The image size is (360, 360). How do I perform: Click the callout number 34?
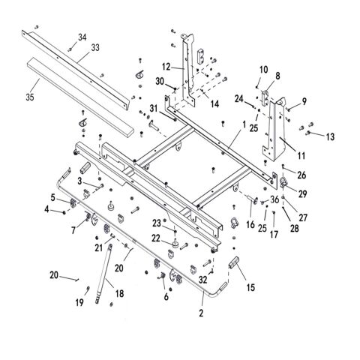tap(82, 37)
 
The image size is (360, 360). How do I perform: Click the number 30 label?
tap(160, 81)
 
